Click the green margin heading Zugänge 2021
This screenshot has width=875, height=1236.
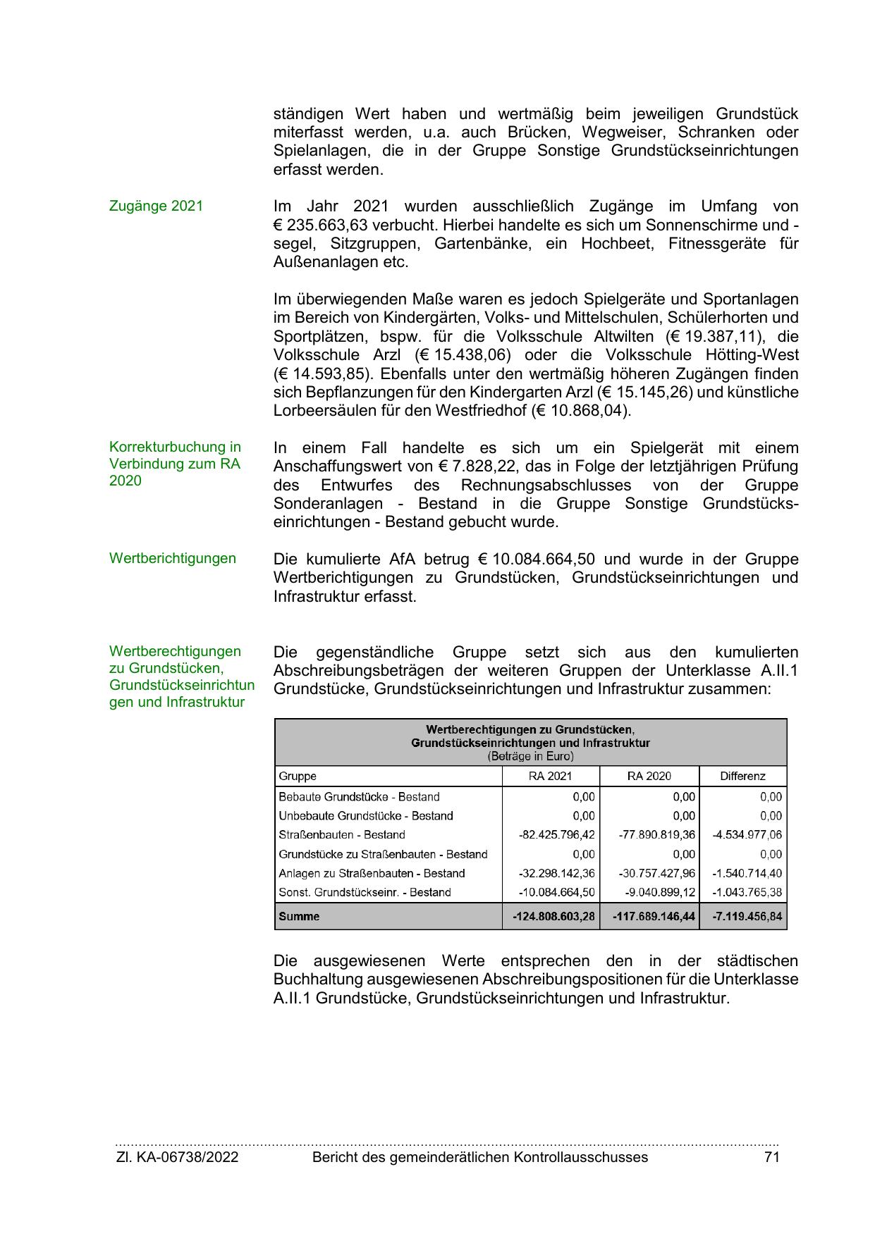click(156, 206)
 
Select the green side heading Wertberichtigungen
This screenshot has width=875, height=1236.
click(173, 559)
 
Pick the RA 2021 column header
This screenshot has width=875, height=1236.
click(550, 777)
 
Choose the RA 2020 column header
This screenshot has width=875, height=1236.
click(649, 777)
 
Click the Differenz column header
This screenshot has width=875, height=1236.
click(742, 777)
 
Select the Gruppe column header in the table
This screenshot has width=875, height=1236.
click(298, 777)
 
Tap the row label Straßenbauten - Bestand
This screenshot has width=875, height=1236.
click(342, 835)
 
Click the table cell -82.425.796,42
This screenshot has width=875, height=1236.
click(556, 835)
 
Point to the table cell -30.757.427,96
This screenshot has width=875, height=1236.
click(656, 874)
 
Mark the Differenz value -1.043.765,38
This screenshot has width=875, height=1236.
click(747, 893)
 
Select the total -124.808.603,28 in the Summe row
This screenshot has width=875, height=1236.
click(553, 917)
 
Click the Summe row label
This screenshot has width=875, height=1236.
click(299, 917)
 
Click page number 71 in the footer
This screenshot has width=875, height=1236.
click(771, 1158)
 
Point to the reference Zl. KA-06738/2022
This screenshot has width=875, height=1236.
click(177, 1158)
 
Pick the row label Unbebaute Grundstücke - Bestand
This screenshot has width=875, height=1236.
click(366, 816)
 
